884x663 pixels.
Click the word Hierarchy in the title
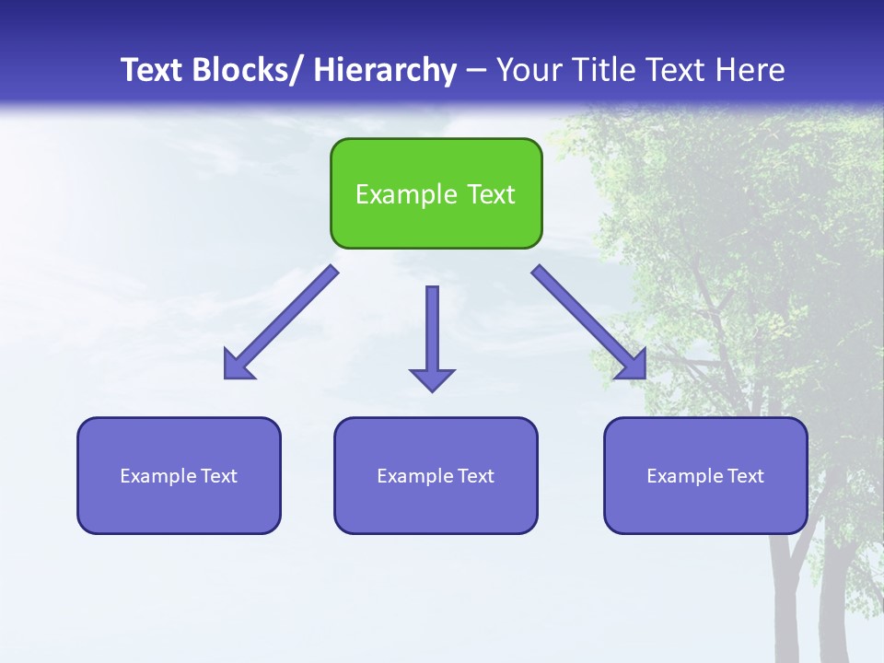[x=385, y=70]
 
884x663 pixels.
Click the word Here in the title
[x=748, y=70]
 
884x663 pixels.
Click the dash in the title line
[x=476, y=70]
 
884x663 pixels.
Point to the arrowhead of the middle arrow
[x=432, y=379]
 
